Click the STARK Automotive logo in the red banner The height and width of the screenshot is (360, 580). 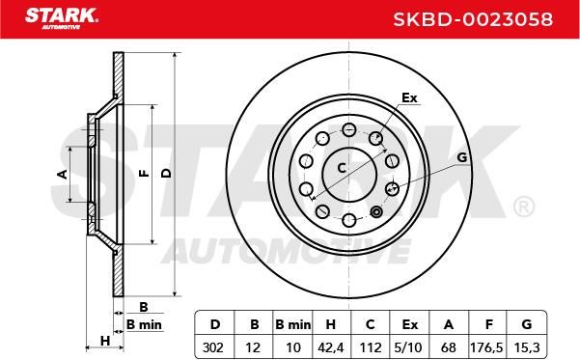62,18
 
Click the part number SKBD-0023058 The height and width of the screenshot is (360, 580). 473,19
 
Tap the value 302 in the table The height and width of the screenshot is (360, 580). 213,347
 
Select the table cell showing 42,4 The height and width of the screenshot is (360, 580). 331,347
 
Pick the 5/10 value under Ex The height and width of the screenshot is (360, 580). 408,347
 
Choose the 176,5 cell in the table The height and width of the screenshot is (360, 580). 486,347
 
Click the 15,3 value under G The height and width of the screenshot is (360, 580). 527,347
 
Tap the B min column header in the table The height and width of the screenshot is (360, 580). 293,324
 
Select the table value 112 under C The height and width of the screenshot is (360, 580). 370,347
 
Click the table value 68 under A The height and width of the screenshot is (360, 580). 449,347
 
